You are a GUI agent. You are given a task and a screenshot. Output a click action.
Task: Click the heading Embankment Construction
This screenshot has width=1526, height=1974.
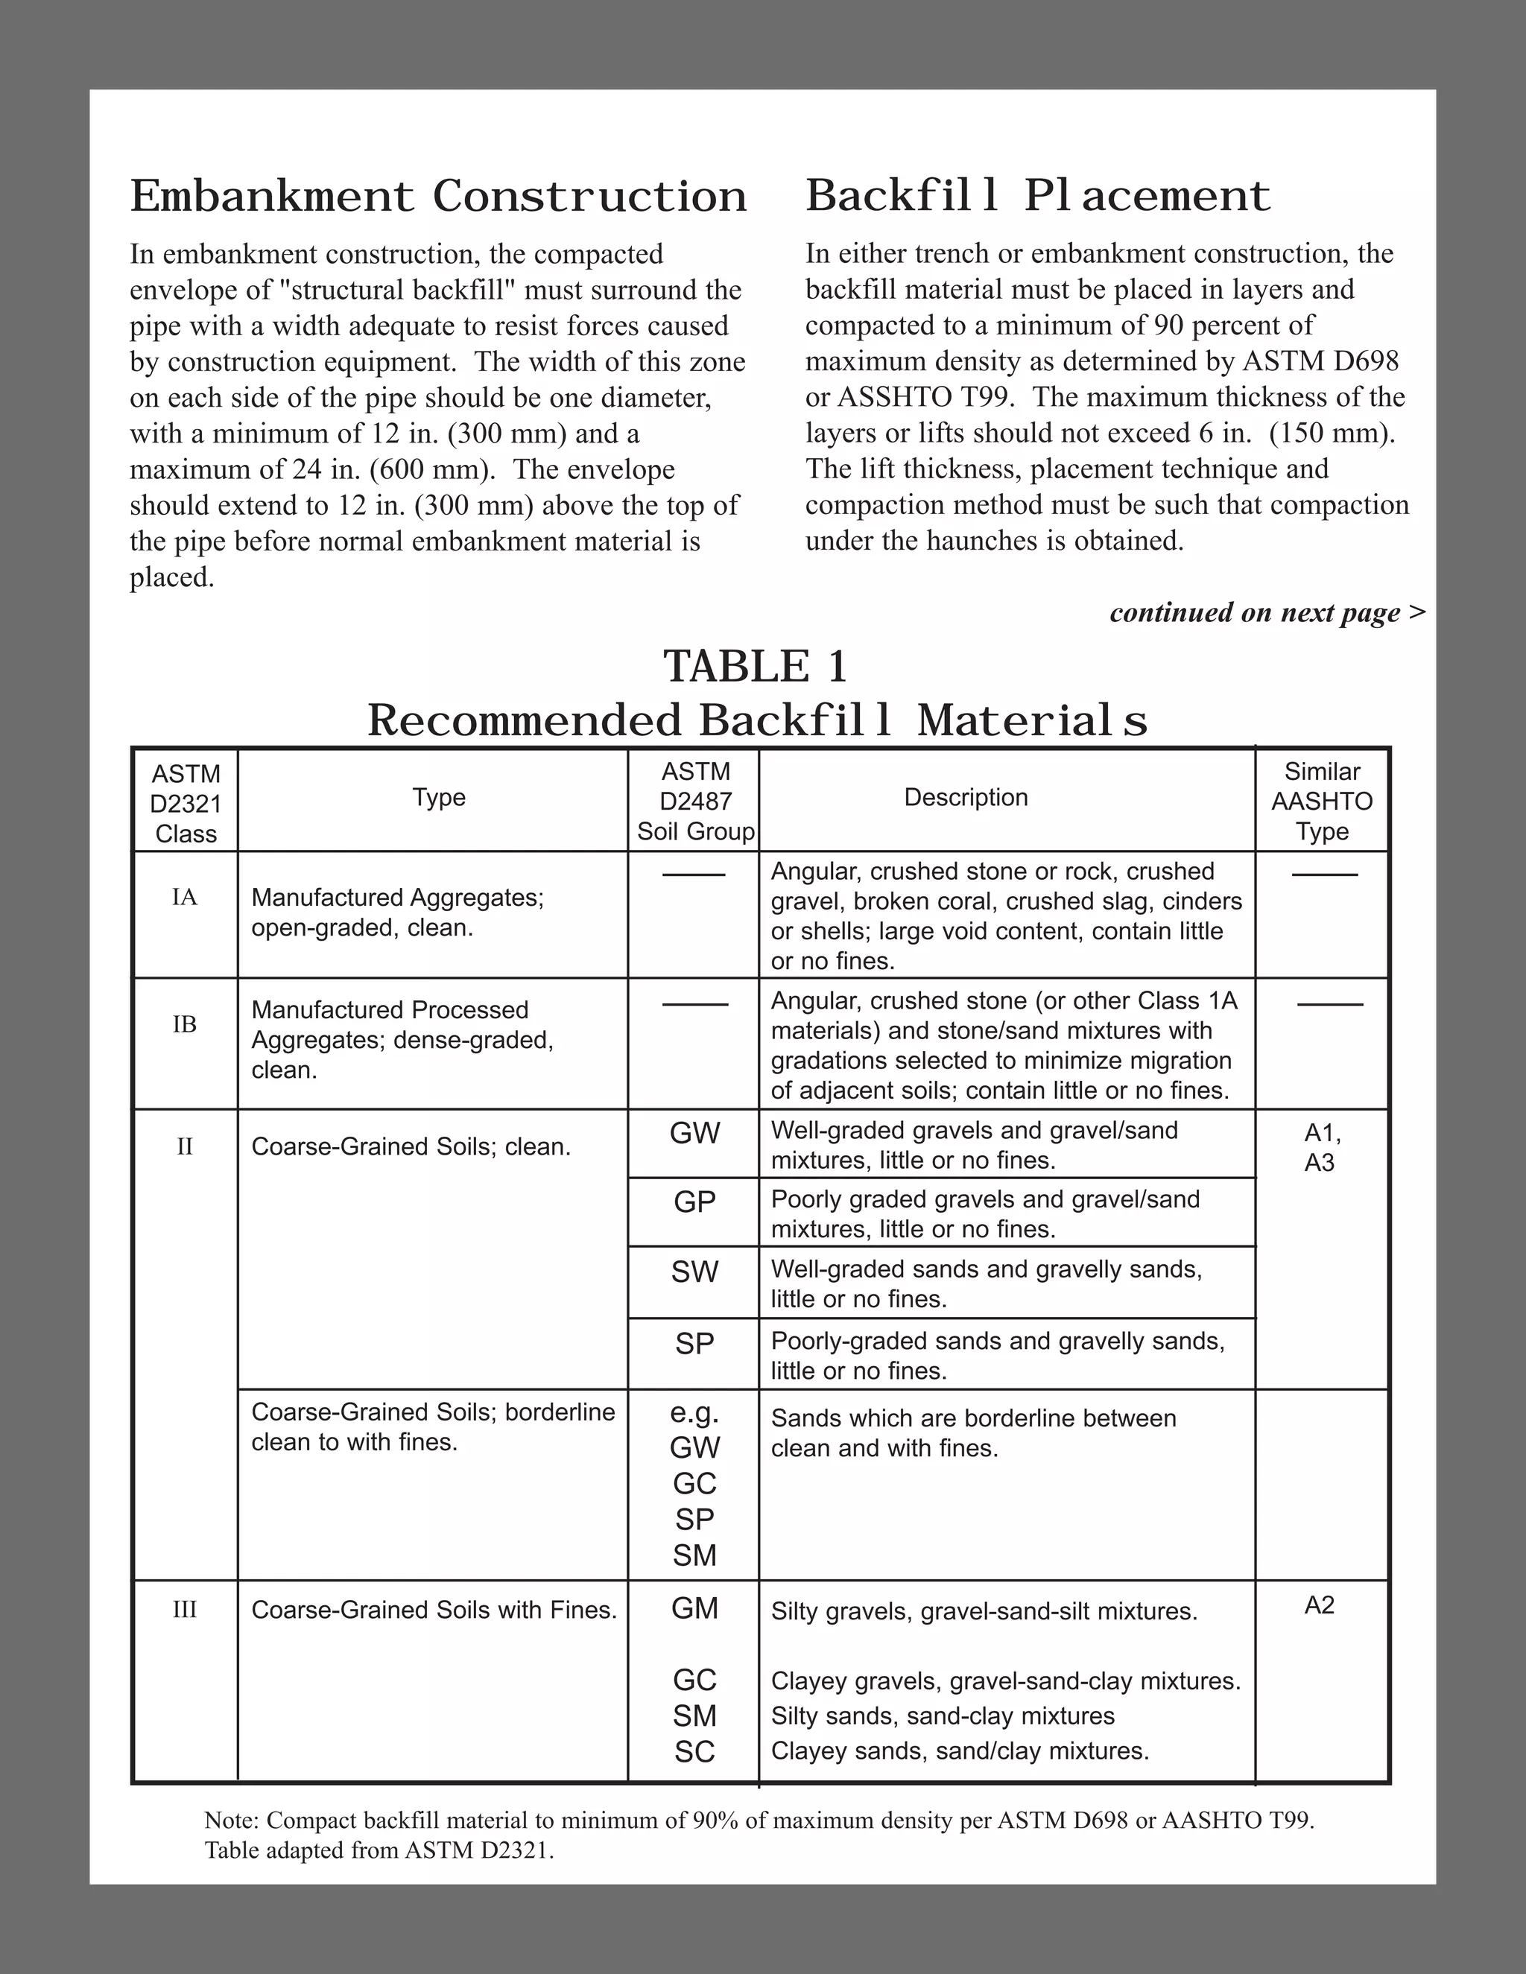point(438,196)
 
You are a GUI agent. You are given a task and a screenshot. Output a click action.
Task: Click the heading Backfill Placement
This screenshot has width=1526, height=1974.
point(1037,195)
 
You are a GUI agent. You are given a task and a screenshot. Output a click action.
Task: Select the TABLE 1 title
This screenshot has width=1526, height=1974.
point(756,667)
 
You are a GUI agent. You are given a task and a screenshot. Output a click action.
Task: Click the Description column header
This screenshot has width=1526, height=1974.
point(966,797)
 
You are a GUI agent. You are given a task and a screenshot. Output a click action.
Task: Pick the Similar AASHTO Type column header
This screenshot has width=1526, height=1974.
point(1322,801)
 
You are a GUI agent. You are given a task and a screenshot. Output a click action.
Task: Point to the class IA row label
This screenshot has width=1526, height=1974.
point(185,898)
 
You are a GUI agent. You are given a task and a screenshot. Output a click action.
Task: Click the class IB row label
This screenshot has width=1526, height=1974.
point(185,1024)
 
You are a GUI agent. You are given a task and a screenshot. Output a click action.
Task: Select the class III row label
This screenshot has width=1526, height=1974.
point(185,1610)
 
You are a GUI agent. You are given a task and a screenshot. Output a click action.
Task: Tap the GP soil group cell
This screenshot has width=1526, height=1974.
point(694,1202)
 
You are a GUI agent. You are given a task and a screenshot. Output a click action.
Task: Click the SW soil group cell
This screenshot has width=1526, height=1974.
point(694,1272)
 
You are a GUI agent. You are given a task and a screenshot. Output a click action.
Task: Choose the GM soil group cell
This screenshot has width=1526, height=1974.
point(694,1609)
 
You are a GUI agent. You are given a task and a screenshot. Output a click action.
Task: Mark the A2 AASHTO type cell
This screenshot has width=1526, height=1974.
point(1319,1605)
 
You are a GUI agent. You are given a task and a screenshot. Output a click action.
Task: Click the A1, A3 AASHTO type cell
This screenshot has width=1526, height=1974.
point(1321,1147)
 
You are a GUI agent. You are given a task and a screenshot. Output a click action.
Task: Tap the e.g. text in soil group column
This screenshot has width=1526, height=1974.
point(694,1412)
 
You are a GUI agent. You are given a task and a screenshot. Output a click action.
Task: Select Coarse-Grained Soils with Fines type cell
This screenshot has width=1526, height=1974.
point(434,1610)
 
